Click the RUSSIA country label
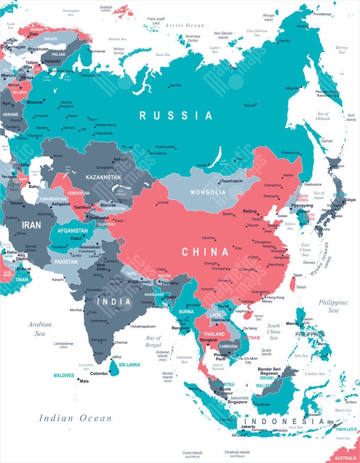[x=175, y=116]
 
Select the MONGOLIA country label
[x=208, y=192]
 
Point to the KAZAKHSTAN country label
[x=103, y=177]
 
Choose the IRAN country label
[x=31, y=225]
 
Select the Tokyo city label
[x=349, y=200]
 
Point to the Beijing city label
[x=250, y=211]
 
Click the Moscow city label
[x=35, y=102]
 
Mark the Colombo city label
[x=99, y=373]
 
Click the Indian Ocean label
[x=76, y=418]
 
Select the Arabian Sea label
[x=40, y=329]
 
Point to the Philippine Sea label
[x=333, y=306]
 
